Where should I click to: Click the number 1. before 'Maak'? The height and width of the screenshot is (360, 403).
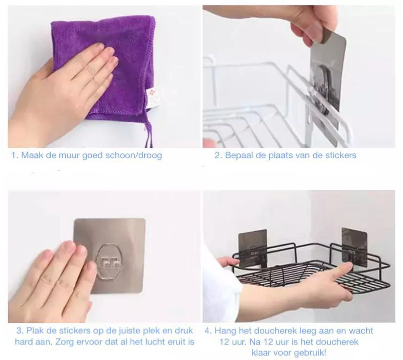coord(15,155)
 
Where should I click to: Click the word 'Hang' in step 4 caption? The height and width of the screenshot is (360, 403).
coord(224,331)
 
